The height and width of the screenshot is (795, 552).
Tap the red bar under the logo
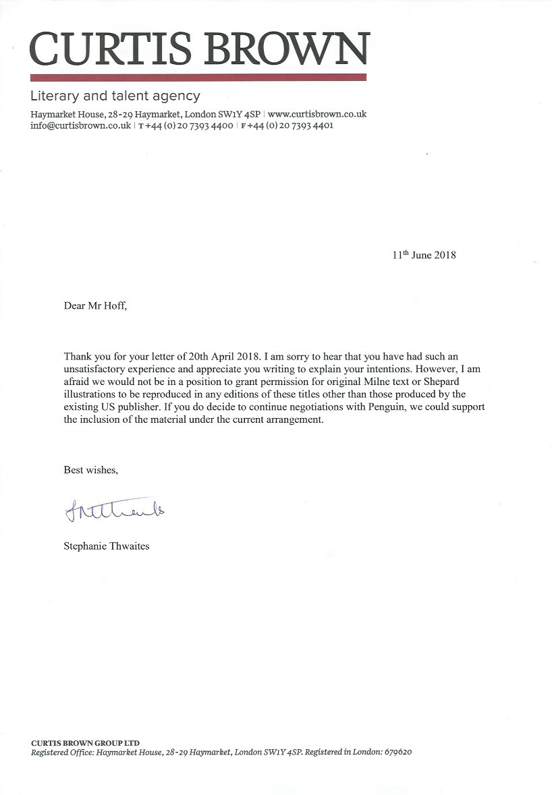pyautogui.click(x=198, y=78)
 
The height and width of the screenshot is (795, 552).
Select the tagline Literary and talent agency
pyautogui.click(x=115, y=96)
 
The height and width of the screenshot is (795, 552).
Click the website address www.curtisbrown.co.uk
pyautogui.click(x=317, y=114)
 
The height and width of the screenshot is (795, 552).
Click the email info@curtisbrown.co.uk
pyautogui.click(x=80, y=125)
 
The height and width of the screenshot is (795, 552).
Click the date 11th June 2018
pyautogui.click(x=424, y=255)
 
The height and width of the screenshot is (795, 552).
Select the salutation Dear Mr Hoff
pyautogui.click(x=94, y=305)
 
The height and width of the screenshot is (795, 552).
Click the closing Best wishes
pyautogui.click(x=90, y=469)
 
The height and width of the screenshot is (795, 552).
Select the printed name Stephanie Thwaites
pyautogui.click(x=106, y=546)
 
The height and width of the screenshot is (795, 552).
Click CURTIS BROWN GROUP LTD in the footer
pyautogui.click(x=85, y=742)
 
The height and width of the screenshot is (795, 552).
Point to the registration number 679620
pyautogui.click(x=398, y=752)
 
